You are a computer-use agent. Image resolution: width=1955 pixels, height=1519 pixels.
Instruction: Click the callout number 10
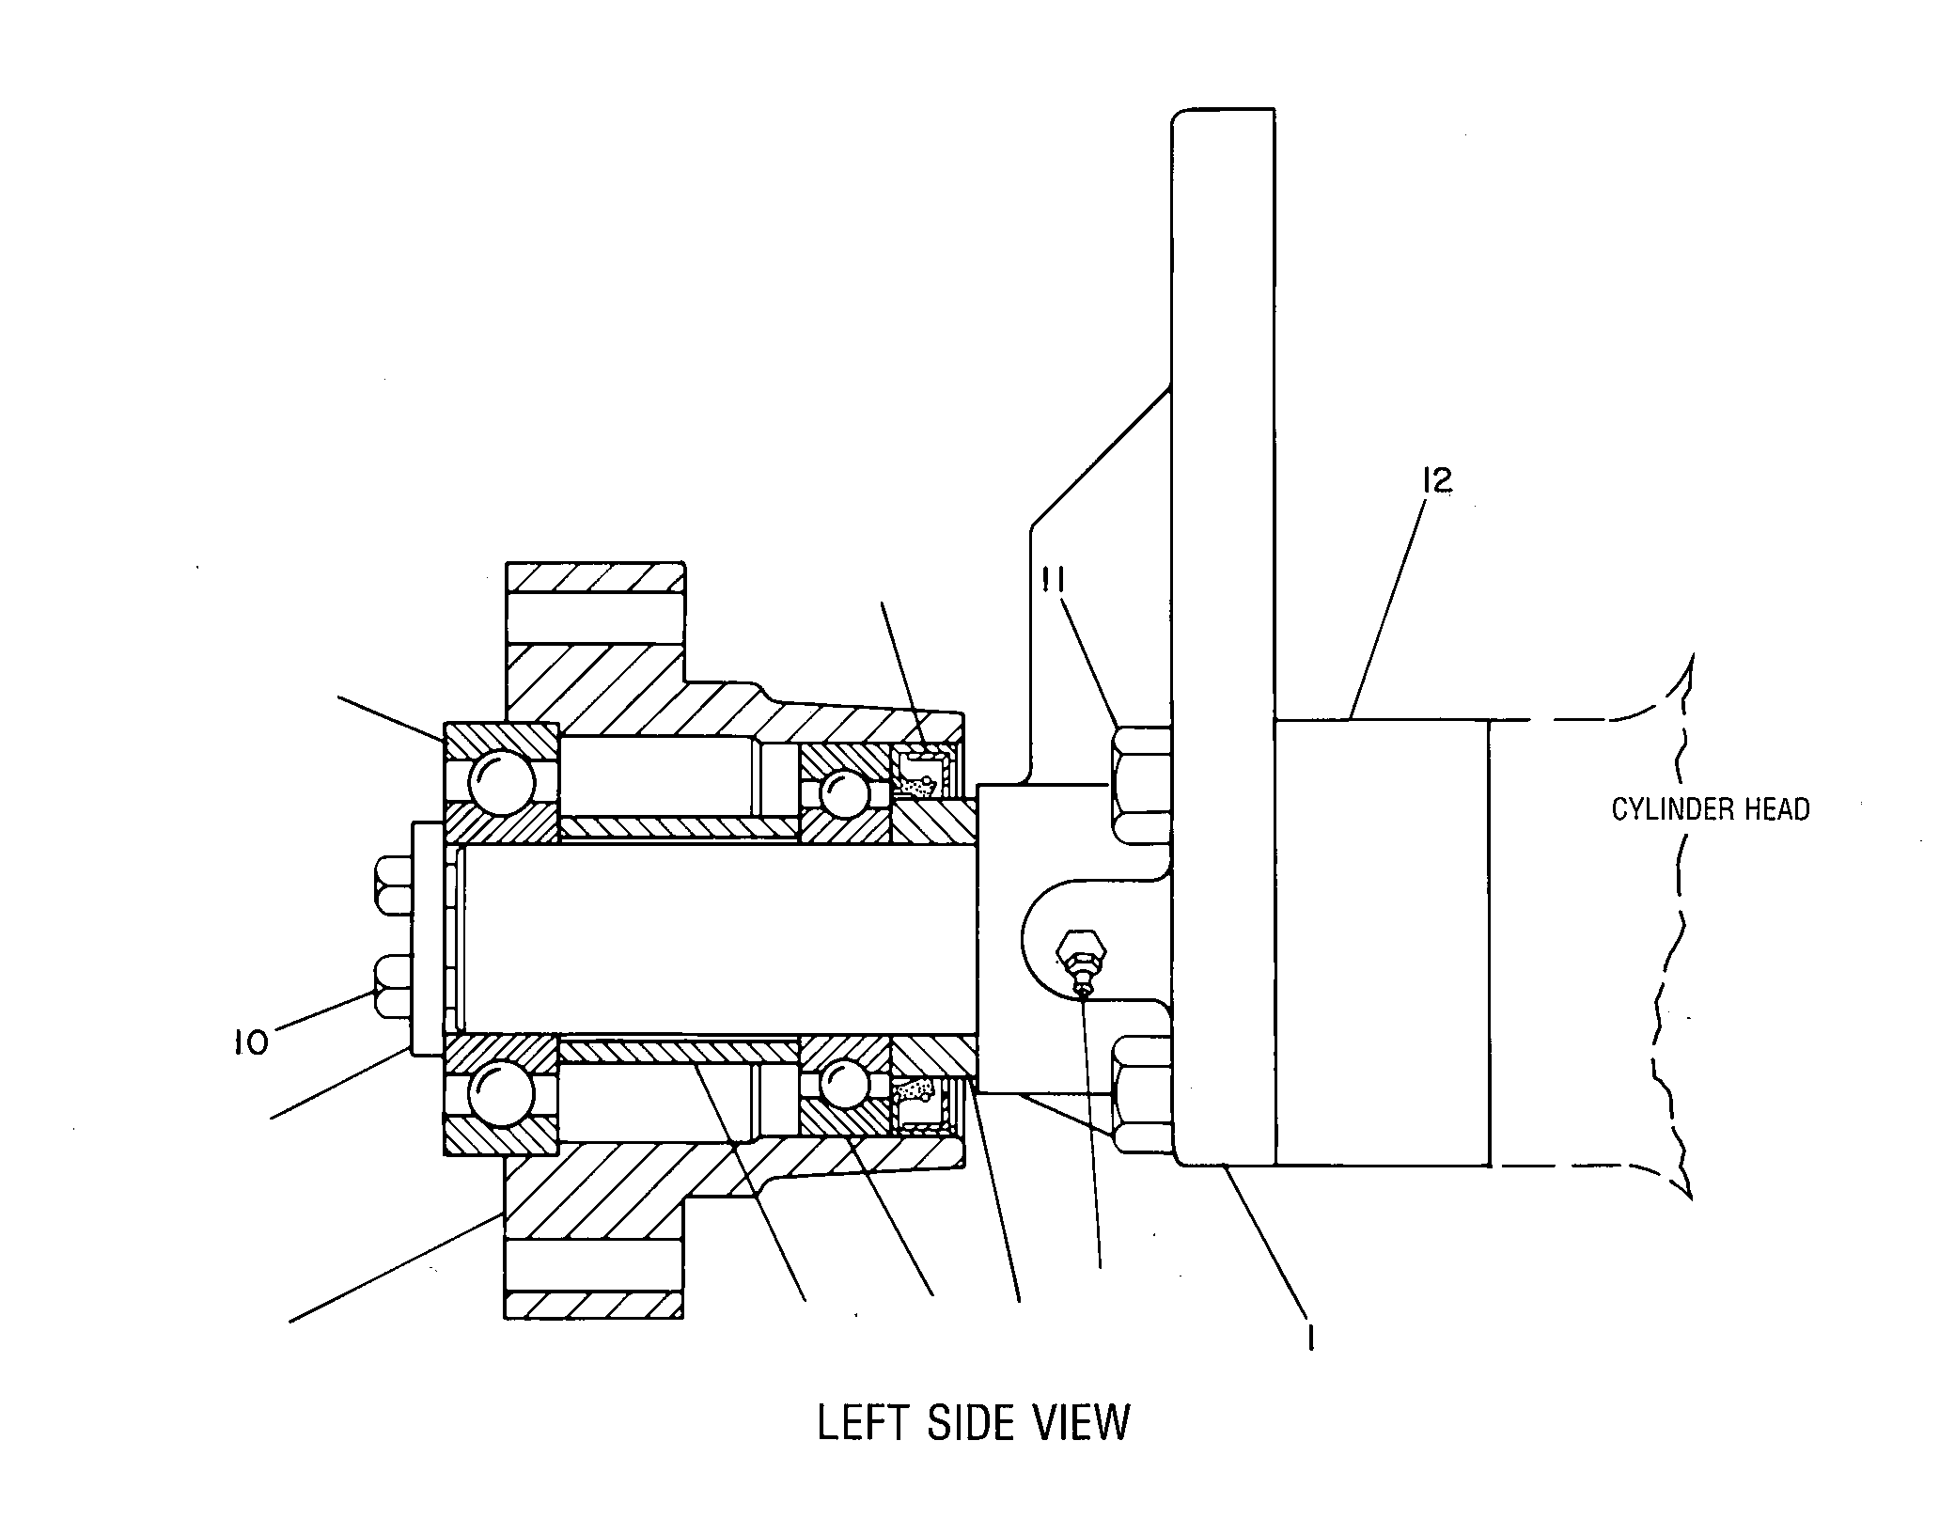251,1041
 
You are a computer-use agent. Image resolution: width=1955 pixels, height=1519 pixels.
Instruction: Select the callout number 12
1437,480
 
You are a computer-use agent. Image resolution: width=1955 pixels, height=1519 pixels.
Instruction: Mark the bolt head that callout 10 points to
394,986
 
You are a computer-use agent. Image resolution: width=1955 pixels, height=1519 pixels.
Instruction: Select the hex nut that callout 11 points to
1141,784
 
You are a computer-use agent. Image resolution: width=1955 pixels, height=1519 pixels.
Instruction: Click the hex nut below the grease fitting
1141,1094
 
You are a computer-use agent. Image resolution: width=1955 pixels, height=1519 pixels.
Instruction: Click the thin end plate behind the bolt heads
428,937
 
